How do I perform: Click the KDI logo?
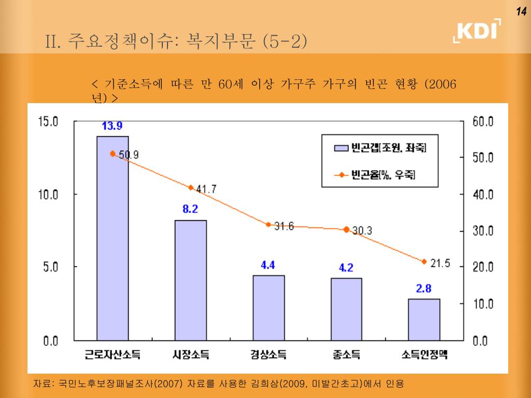[x=478, y=31]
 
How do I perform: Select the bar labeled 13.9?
[x=113, y=238]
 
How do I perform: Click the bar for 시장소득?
[x=190, y=280]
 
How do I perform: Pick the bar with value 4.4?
[x=269, y=308]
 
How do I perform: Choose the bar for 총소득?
[x=346, y=309]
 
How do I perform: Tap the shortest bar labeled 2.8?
[x=424, y=320]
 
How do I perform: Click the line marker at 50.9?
[x=113, y=153]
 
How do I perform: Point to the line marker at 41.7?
[x=190, y=188]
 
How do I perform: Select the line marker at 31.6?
[x=269, y=224]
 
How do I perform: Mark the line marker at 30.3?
[x=346, y=229]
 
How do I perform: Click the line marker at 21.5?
[x=424, y=262]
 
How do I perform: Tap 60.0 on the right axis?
[x=483, y=122]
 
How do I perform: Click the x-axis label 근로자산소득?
[x=113, y=355]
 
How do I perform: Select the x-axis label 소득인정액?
[x=424, y=355]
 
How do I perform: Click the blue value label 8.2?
[x=190, y=209]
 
